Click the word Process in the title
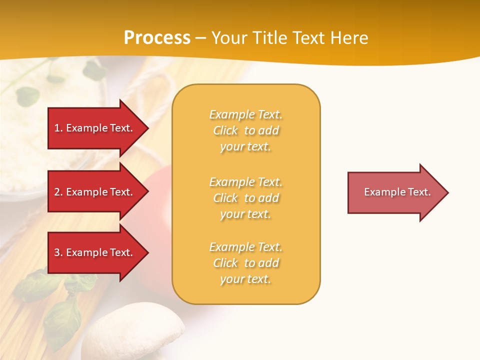157,38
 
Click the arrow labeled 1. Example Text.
95,128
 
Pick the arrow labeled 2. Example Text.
95,192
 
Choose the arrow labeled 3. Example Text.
95,252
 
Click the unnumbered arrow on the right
395,192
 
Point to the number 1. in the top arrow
58,128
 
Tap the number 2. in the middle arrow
58,192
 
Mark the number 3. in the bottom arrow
58,252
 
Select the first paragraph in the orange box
245,130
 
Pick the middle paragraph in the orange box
245,198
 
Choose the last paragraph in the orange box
245,263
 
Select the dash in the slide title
200,38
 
